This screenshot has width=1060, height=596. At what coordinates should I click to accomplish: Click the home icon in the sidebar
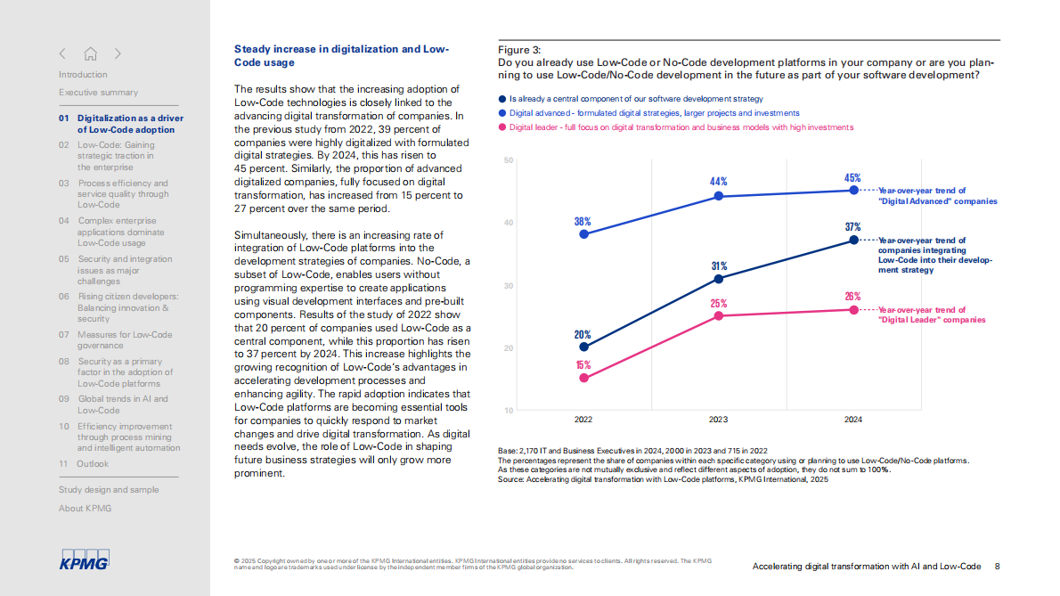90,53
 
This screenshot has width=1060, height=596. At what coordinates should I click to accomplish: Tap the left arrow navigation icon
63,53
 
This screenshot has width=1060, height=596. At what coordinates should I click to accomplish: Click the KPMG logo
83,560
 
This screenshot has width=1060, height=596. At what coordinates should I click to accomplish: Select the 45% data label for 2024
852,178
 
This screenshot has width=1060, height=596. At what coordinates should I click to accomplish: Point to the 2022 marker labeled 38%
583,234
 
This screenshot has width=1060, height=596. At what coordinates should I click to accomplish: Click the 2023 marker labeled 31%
719,279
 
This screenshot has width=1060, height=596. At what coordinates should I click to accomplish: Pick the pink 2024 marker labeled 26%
853,309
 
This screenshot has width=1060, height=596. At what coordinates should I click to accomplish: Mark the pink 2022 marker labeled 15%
583,378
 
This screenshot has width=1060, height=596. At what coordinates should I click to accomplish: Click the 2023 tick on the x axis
719,419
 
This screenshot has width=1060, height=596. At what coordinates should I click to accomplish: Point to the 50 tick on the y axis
508,160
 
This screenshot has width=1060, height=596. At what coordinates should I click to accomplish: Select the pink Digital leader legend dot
502,127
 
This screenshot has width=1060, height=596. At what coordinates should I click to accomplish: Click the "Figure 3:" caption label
519,50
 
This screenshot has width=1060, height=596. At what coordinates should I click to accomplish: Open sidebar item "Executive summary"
98,93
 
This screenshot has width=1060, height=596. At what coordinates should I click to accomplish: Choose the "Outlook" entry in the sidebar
93,464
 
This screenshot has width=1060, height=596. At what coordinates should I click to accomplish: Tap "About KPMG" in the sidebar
86,509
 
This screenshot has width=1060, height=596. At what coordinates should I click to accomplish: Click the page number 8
997,567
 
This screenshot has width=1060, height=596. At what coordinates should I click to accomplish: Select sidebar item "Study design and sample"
109,490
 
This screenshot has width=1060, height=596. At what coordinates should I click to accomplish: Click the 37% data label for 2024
852,227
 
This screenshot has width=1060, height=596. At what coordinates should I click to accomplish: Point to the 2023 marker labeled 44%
719,197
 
